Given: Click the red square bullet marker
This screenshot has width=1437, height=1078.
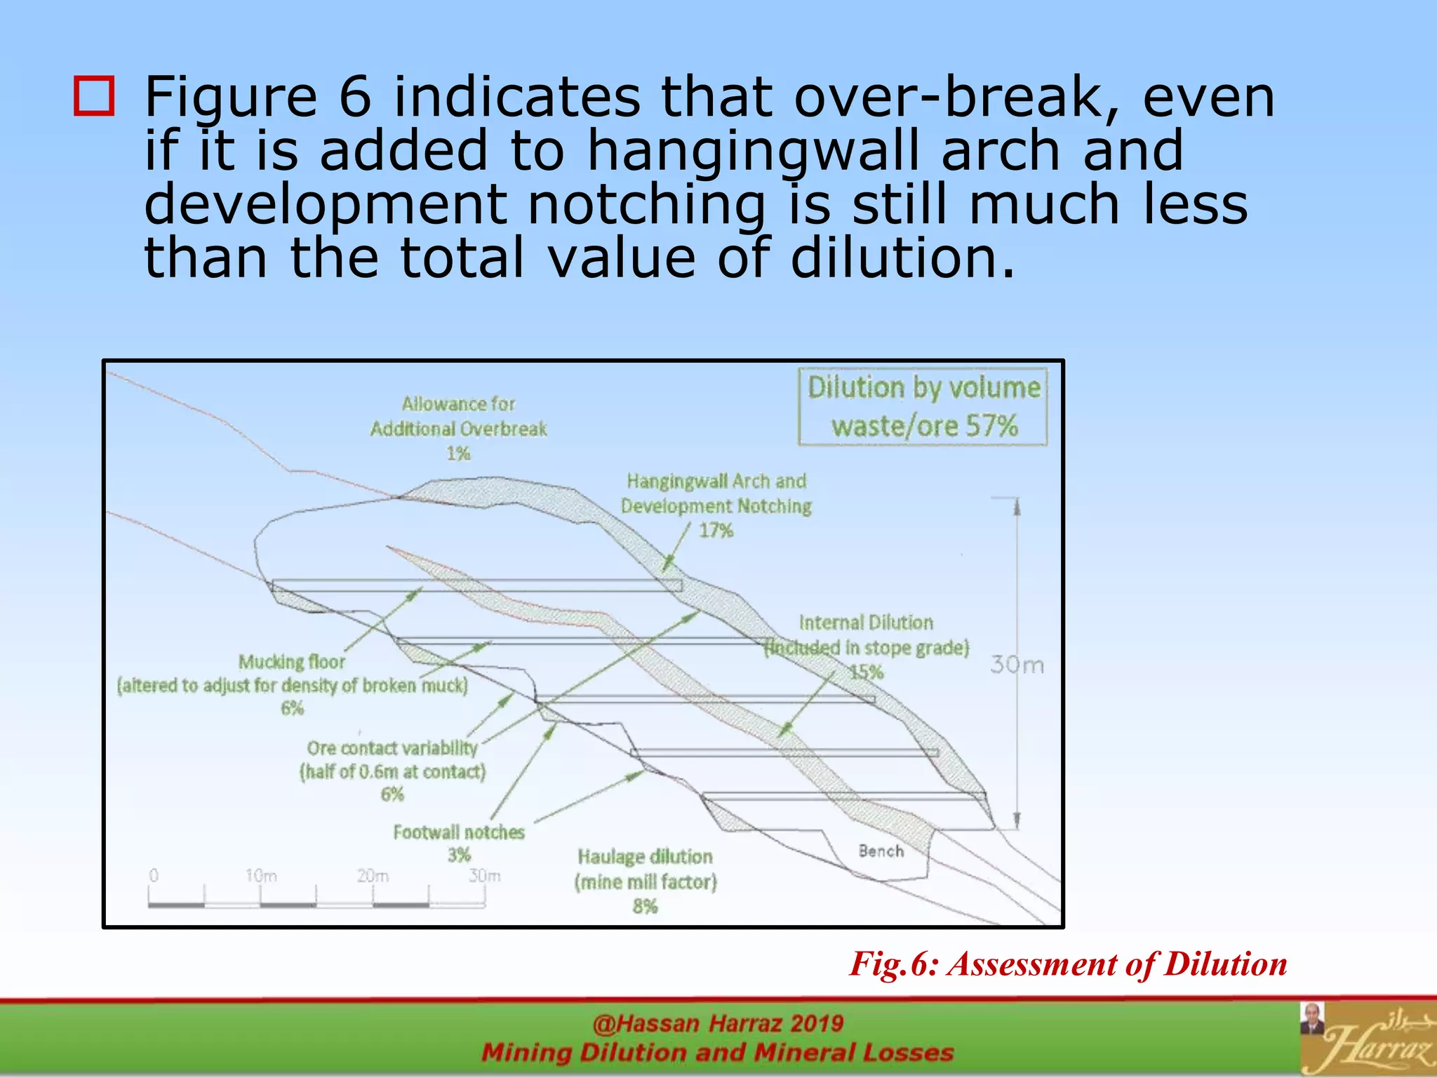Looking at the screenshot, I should coord(94,96).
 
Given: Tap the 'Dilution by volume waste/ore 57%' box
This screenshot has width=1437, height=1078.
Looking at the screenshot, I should coord(923,407).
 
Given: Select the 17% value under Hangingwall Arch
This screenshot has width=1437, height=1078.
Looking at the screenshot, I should coord(716,531).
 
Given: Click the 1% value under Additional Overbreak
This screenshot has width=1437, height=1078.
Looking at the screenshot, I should coord(458,453).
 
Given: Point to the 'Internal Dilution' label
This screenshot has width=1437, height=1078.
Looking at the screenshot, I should coord(866,623).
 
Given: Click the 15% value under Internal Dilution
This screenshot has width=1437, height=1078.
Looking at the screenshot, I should coord(866,672).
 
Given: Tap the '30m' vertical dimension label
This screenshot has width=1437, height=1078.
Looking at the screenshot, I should coord(1017,665).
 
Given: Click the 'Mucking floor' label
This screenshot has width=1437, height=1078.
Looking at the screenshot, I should coord(292,662).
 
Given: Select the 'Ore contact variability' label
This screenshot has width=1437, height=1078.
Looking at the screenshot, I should coord(392,748).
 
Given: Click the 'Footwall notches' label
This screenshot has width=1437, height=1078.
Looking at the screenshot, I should coord(459,832).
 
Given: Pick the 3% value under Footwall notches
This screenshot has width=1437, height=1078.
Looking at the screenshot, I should coord(459,856).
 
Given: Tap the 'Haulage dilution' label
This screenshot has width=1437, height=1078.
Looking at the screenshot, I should coord(645,857).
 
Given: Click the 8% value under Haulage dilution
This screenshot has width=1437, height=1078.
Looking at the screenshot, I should coord(645,907).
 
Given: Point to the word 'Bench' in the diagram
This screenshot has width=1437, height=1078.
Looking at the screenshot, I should coord(881,851).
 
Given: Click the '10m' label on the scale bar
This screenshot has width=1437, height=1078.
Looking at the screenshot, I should coord(261,876).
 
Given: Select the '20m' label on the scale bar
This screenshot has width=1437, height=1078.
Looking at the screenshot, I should coord(373,876).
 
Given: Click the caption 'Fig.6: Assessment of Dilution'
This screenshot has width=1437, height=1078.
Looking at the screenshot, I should coord(1068,964).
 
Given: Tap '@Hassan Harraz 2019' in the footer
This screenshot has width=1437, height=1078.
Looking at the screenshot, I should coord(718,1024).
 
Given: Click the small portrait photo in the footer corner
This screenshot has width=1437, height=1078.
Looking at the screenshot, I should coord(1311,1019).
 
